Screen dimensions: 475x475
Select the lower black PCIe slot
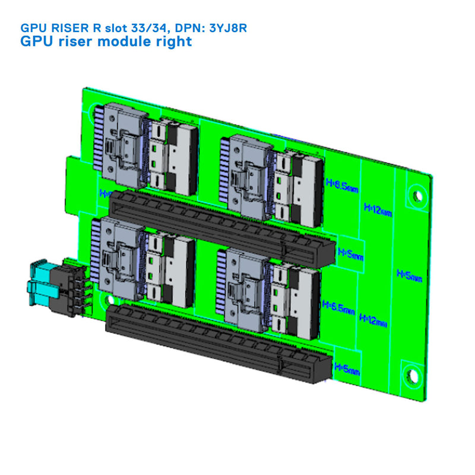pyautogui.click(x=220, y=342)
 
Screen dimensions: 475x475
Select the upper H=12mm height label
pyautogui.click(x=378, y=208)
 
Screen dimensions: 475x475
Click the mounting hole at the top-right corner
pyautogui.click(x=417, y=195)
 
